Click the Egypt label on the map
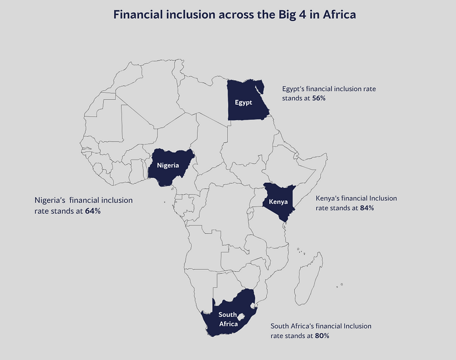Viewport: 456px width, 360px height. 243,102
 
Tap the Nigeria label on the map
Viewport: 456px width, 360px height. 168,165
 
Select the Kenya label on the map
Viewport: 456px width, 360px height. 278,202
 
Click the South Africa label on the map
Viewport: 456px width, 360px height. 228,319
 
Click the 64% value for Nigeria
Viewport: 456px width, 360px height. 93,211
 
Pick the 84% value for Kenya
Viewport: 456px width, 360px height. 367,208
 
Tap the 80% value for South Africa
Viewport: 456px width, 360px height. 322,335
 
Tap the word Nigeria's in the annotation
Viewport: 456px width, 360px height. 50,200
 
